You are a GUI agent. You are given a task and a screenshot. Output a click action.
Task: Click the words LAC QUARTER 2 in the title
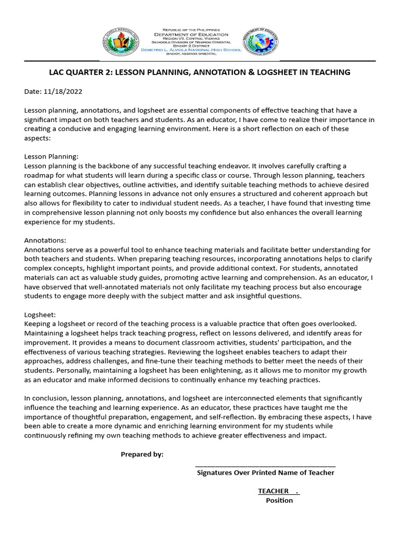(x=83, y=72)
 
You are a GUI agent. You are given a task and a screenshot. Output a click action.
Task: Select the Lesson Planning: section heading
(x=51, y=156)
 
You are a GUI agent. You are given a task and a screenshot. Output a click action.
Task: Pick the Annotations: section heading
(x=45, y=241)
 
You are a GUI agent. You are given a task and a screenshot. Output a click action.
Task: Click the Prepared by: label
(x=142, y=454)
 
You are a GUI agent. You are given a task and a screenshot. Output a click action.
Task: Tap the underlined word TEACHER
(x=273, y=491)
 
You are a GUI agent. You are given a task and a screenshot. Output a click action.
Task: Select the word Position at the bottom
(x=279, y=501)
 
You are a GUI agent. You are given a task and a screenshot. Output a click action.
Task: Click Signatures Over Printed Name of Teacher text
(x=265, y=473)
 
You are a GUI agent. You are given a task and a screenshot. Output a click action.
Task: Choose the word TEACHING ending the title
(x=331, y=72)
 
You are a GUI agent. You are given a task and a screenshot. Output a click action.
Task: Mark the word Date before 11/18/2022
(x=32, y=91)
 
